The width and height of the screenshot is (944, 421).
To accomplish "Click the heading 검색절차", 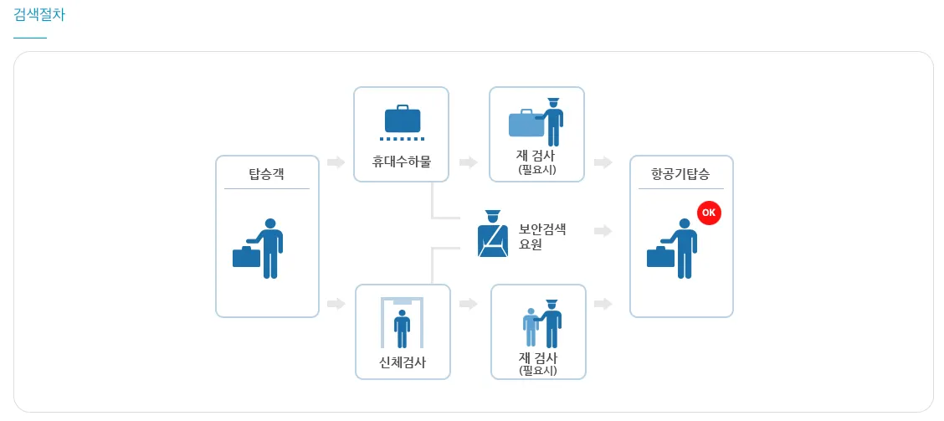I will (x=39, y=15).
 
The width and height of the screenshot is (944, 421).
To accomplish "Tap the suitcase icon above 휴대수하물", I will (x=402, y=119).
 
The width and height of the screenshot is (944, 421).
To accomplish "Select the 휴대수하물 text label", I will (x=402, y=162).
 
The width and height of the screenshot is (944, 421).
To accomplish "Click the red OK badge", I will (x=708, y=213).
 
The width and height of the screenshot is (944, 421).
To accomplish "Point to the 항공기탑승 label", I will (x=680, y=174).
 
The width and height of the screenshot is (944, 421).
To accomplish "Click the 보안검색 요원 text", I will (x=542, y=237).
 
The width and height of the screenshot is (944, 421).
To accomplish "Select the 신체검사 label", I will (x=403, y=362).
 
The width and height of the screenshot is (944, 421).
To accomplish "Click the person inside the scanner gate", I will (x=403, y=327).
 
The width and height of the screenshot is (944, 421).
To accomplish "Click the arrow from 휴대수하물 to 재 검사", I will (x=469, y=162).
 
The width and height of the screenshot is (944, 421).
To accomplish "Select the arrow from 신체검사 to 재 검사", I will (x=469, y=304).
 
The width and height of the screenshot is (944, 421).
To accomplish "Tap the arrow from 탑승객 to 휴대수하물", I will (x=336, y=162).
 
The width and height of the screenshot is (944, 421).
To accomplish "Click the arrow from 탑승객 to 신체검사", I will (x=336, y=304).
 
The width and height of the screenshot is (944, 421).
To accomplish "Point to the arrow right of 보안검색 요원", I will (x=603, y=231).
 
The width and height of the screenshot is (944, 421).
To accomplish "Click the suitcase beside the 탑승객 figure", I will (x=246, y=256).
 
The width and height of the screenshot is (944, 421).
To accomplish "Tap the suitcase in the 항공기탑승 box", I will (x=660, y=256).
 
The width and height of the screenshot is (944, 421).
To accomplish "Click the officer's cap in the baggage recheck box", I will (x=552, y=101).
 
